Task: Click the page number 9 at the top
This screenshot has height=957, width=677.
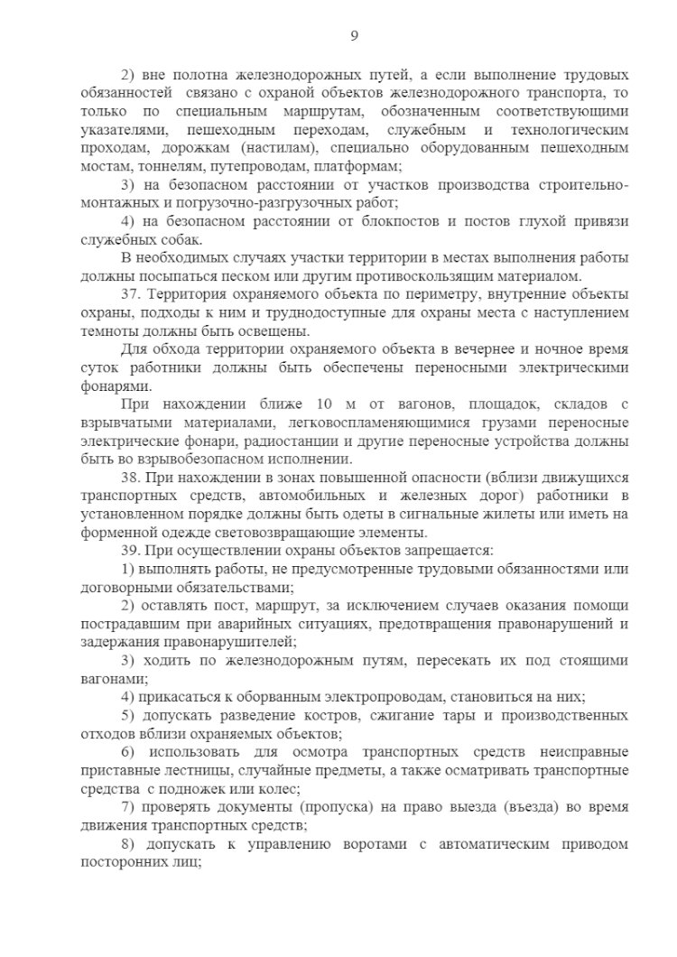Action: pyautogui.click(x=354, y=35)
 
